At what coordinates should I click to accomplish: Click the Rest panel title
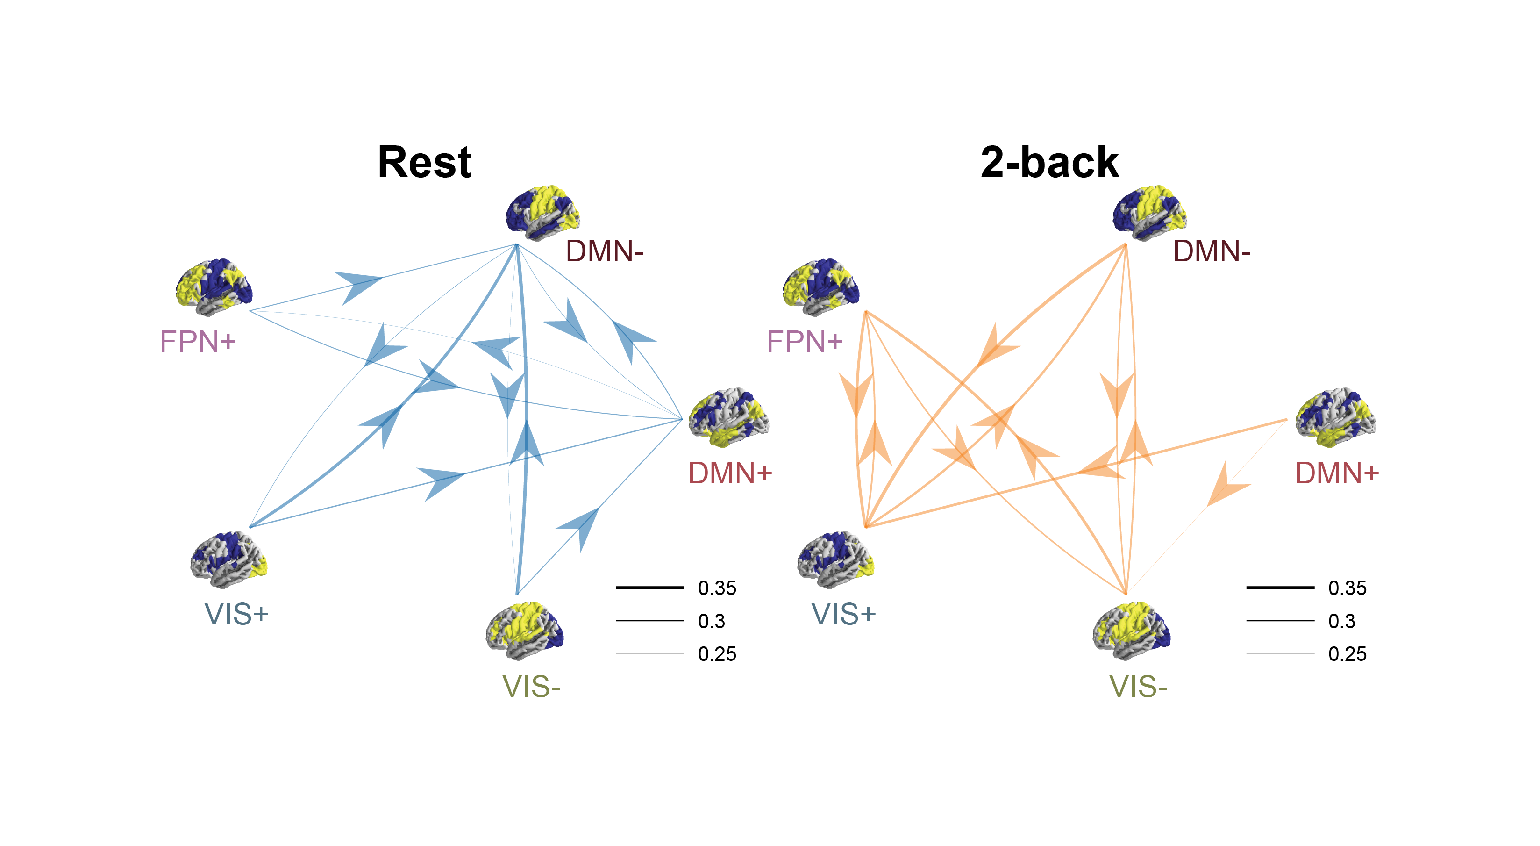[x=424, y=163]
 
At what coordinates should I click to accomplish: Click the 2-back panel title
[x=1049, y=163]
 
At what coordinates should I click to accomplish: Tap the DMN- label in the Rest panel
[x=604, y=251]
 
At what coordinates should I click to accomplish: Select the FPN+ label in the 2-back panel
[x=804, y=342]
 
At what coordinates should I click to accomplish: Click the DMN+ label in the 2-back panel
[x=1337, y=473]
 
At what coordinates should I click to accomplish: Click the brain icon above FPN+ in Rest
[x=214, y=287]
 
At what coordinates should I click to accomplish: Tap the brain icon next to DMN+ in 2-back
[x=1335, y=417]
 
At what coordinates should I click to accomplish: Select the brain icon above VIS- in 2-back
[x=1131, y=631]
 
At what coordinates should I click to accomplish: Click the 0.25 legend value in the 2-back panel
[x=1347, y=653]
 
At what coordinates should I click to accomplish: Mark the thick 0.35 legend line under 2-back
[x=1280, y=588]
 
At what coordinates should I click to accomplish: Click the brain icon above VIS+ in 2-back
[x=836, y=559]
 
